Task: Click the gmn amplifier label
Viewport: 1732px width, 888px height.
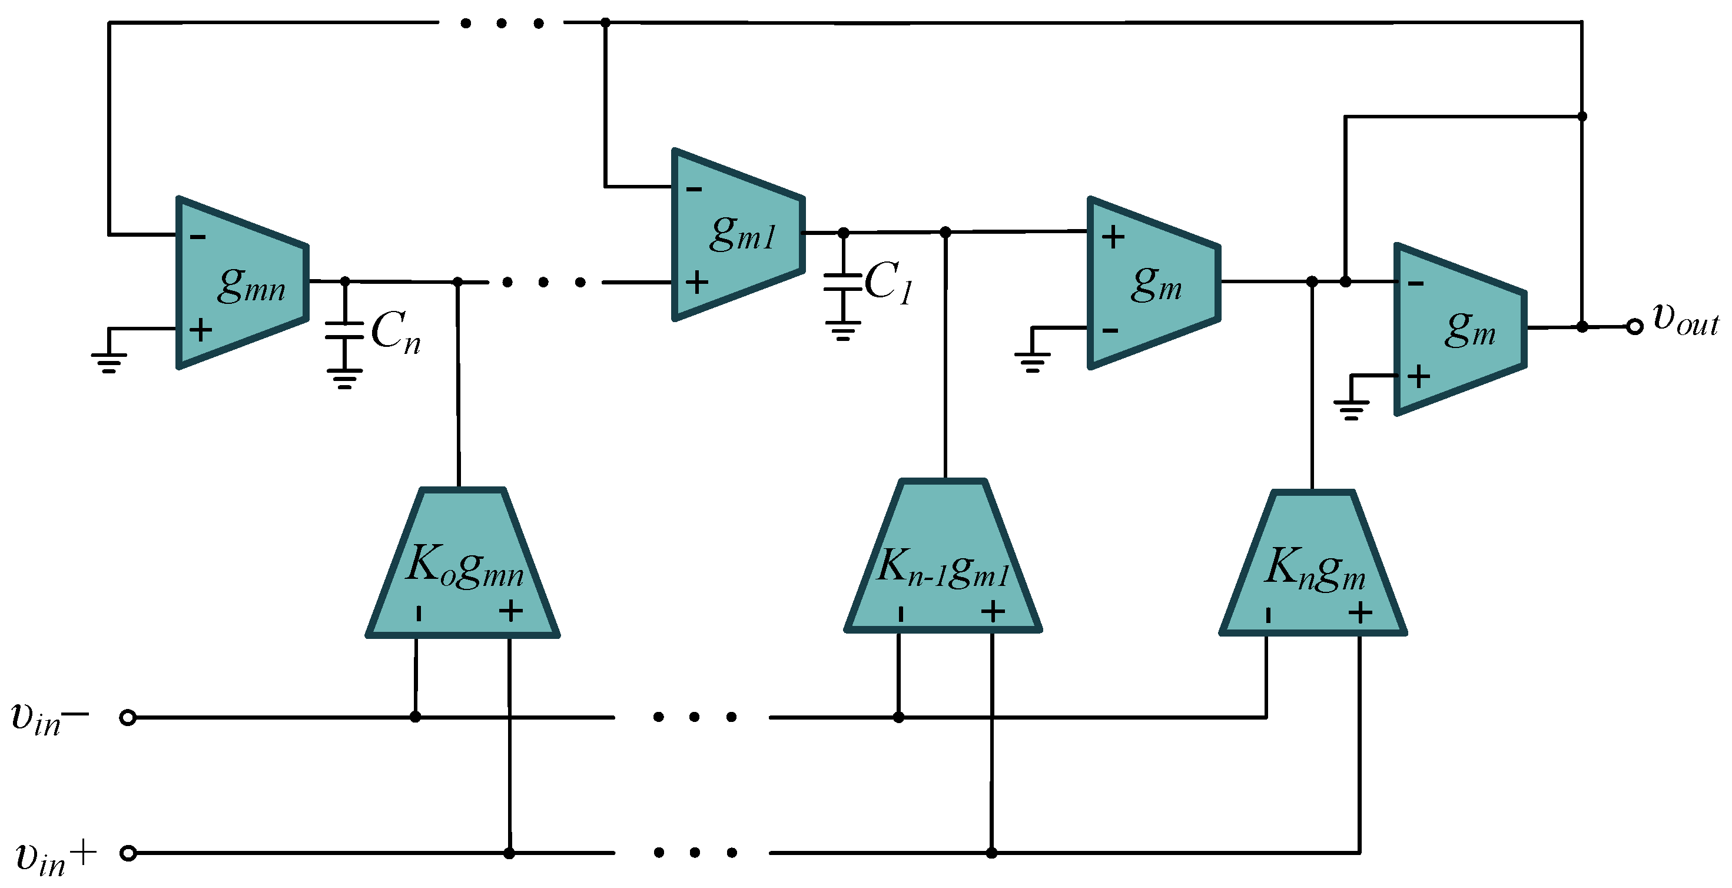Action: (x=251, y=285)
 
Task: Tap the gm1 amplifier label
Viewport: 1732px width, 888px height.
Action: (x=742, y=234)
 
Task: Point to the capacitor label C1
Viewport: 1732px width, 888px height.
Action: (x=888, y=283)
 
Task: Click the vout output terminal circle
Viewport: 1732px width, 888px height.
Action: (x=1634, y=327)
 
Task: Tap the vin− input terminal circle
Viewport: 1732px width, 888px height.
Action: (x=128, y=718)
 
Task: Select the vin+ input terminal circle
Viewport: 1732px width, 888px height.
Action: (x=128, y=854)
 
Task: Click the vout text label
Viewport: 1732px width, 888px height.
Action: (x=1685, y=319)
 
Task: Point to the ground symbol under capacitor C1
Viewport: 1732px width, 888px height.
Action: (x=843, y=331)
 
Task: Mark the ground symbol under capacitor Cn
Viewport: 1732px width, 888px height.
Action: (x=344, y=379)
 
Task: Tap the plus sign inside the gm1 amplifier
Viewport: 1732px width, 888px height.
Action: (x=696, y=282)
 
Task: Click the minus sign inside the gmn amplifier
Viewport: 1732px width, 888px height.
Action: (x=198, y=237)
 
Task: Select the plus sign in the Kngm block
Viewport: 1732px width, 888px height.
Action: (x=1360, y=613)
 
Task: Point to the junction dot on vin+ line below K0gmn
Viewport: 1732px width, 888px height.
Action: (x=509, y=854)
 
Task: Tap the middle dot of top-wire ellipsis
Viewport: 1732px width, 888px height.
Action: (x=502, y=24)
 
